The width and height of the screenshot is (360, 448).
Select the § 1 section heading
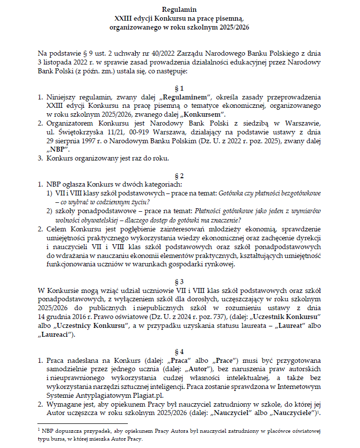pos(180,88)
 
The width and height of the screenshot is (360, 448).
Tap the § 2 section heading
pos(180,175)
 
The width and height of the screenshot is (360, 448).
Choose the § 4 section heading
pos(180,352)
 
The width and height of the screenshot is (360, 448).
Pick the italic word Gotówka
pos(234,193)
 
